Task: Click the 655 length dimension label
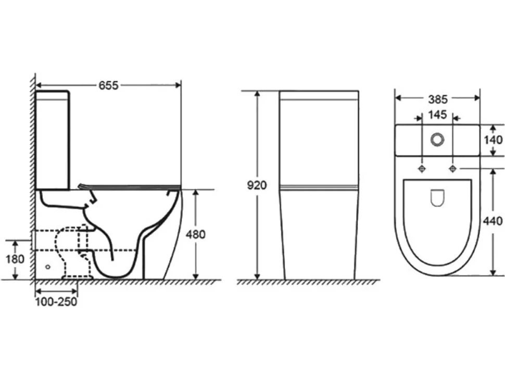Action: [108, 85]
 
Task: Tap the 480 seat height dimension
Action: [196, 234]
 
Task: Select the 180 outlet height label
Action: [15, 259]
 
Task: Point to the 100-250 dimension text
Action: [56, 302]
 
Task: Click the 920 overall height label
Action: [257, 185]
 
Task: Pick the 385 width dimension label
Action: [438, 99]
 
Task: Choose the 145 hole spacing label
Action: [437, 115]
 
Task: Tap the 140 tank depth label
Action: [493, 140]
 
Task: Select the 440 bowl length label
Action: [493, 221]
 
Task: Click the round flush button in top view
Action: [437, 140]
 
